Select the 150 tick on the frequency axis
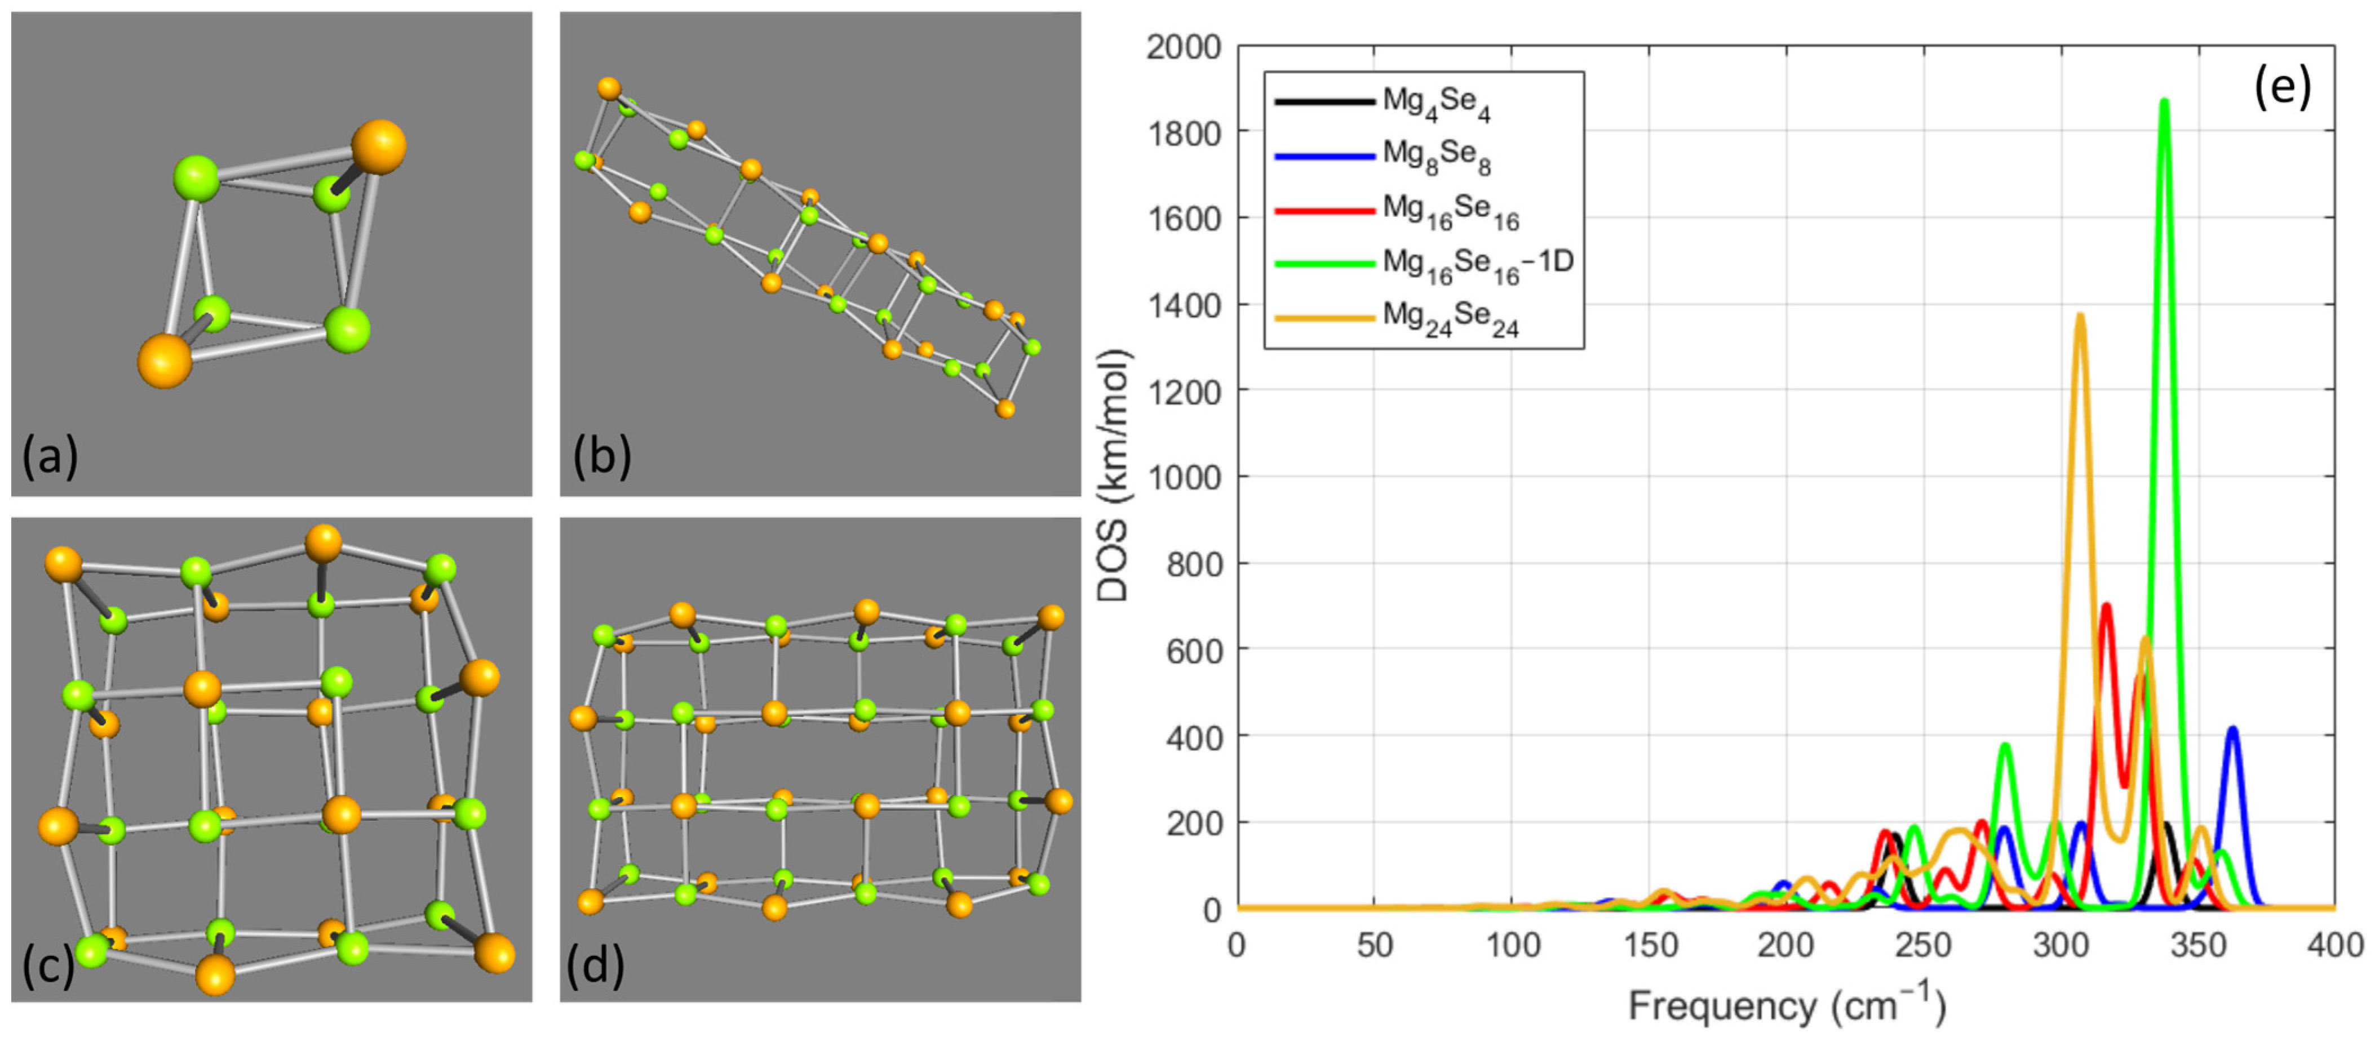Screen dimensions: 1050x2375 pos(1649,945)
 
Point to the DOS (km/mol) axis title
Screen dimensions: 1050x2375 pos(1114,475)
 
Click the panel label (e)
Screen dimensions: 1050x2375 pos(2282,87)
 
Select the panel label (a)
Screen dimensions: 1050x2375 pos(51,455)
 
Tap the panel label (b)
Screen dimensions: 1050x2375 pos(601,455)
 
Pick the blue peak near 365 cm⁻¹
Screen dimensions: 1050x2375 pos(2232,730)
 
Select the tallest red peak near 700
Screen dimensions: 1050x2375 pos(2106,607)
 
